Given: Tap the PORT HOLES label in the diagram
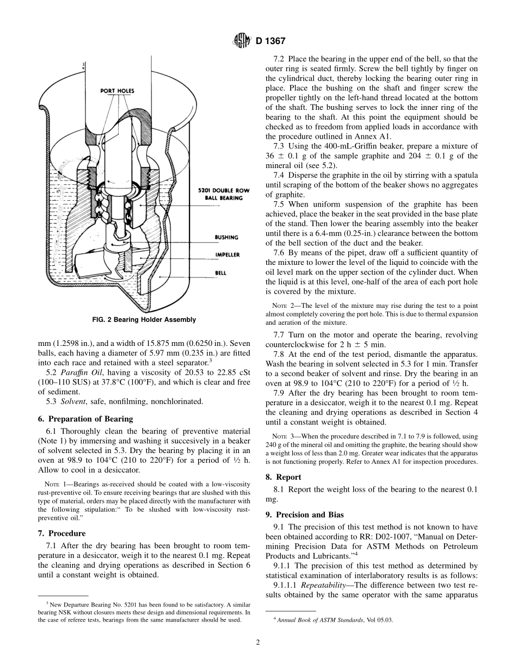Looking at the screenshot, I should click(117, 91).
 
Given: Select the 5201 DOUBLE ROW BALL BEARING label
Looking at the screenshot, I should click(220, 194).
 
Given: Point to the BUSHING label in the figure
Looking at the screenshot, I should click(225, 237).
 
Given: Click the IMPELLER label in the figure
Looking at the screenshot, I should click(227, 255).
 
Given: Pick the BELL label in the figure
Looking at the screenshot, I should click(221, 272).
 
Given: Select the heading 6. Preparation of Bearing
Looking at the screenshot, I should click(85, 419).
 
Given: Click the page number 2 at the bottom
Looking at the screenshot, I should click(258, 642).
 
